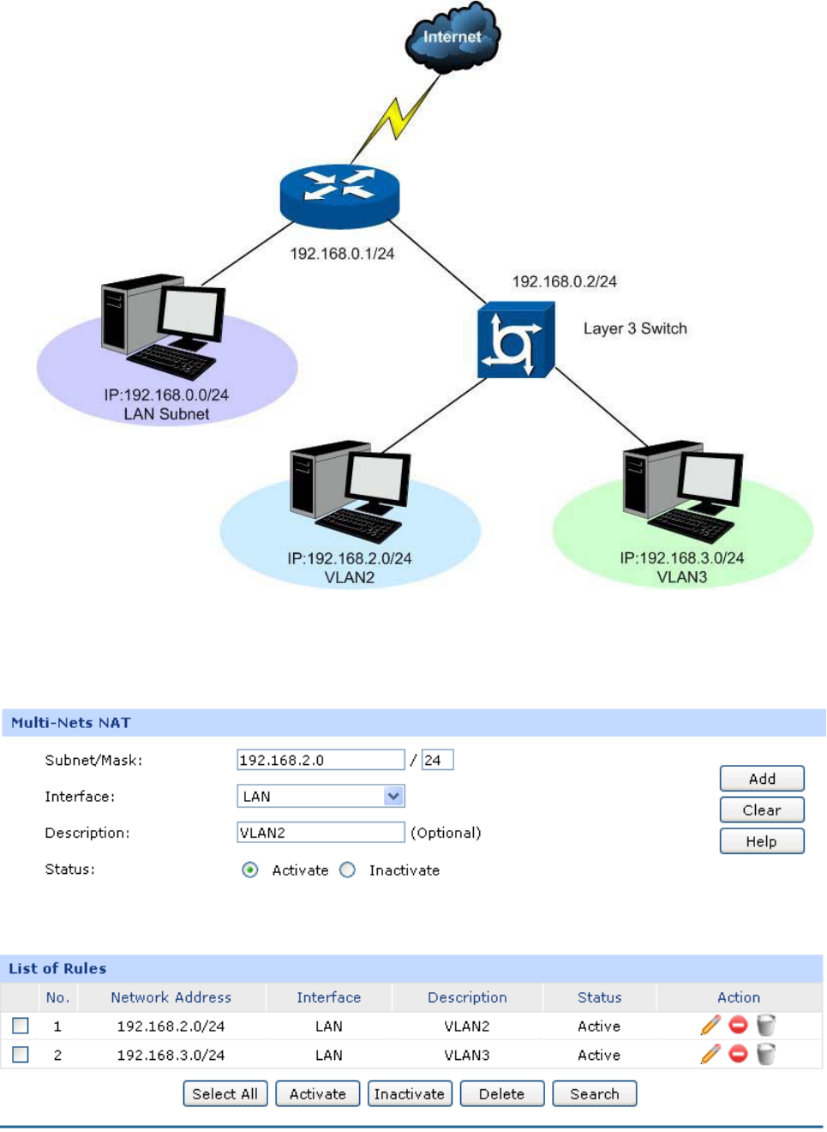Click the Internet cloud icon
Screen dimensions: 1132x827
click(x=452, y=37)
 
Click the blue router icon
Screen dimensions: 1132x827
click(x=339, y=195)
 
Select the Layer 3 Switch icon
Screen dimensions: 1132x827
click(x=515, y=340)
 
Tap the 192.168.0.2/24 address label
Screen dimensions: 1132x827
click(x=564, y=281)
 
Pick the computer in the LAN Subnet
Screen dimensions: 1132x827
click(x=162, y=325)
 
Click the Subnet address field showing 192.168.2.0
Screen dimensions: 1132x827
click(x=321, y=760)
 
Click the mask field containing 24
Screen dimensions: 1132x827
click(x=437, y=760)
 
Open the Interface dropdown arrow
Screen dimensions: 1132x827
click(x=393, y=796)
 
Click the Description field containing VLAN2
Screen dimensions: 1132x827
click(x=321, y=832)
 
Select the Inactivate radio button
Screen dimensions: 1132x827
click(x=347, y=870)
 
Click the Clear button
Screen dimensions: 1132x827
click(x=761, y=810)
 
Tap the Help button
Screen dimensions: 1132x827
click(x=761, y=841)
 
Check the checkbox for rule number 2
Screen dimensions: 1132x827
click(x=21, y=1054)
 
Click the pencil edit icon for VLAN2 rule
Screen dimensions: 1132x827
click(x=710, y=1025)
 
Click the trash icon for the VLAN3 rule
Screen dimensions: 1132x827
click(x=766, y=1054)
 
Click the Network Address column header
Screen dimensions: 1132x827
click(x=171, y=997)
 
